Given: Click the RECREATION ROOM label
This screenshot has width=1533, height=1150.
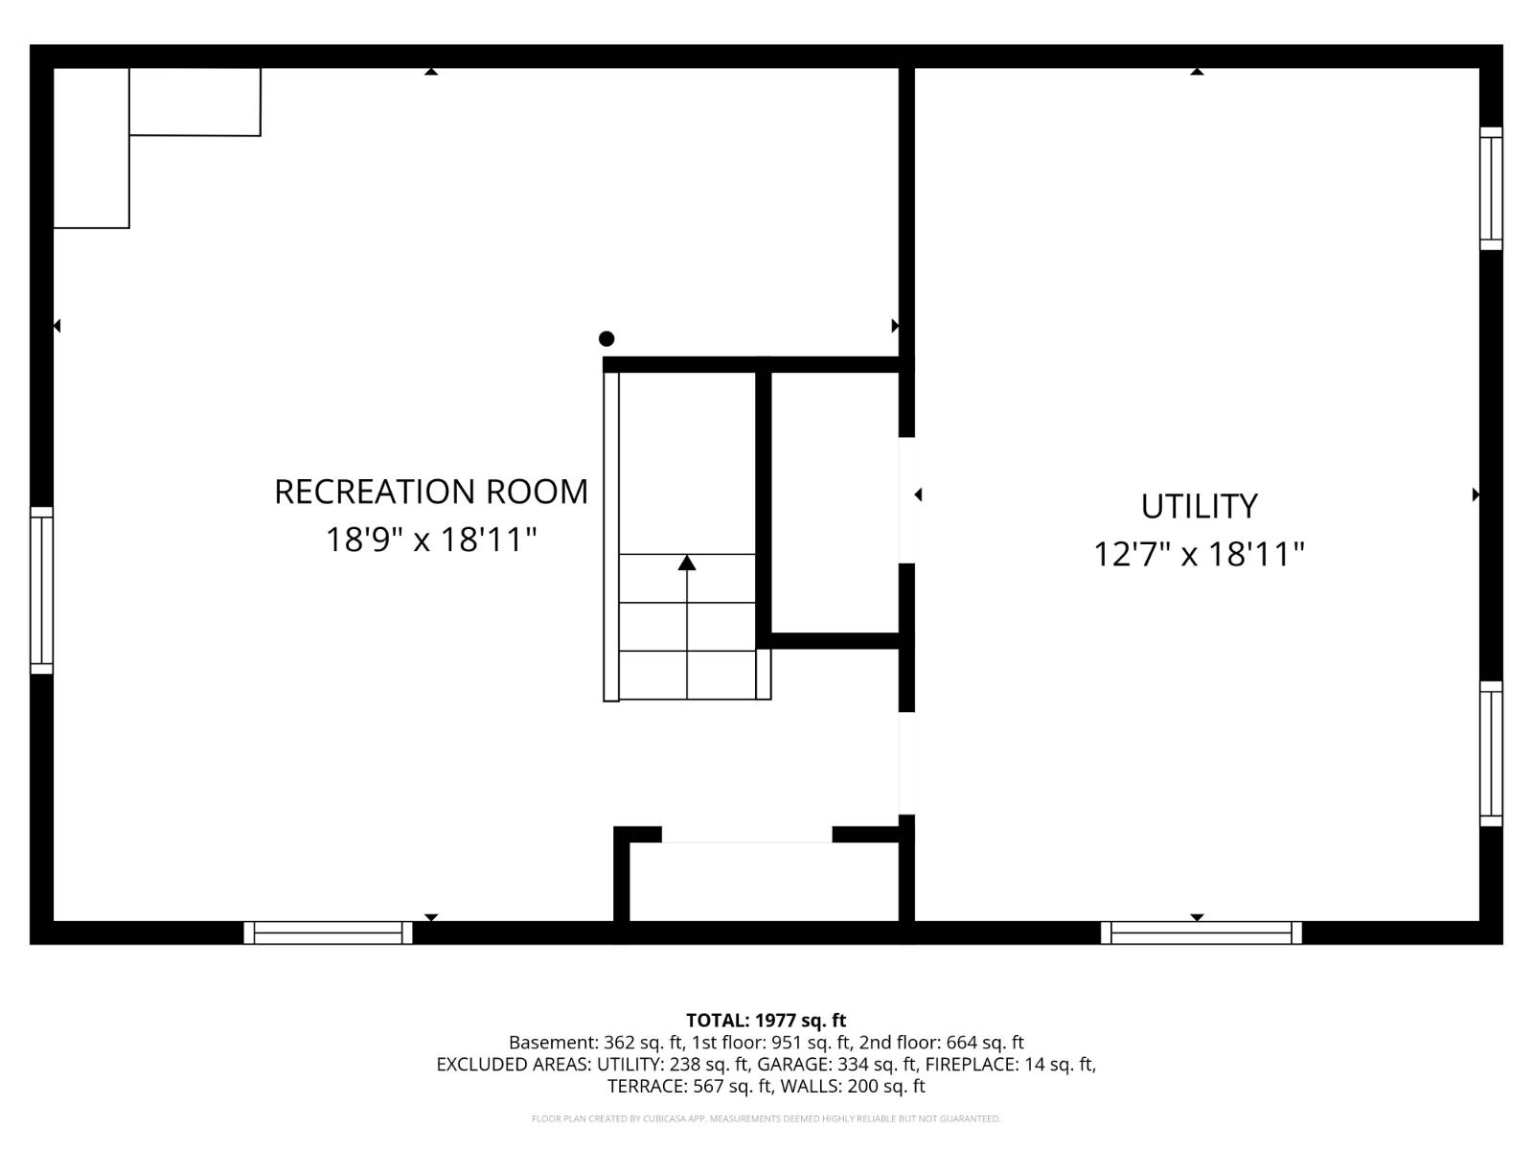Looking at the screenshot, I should [431, 492].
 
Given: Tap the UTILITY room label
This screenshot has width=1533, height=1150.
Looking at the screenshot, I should [1199, 506].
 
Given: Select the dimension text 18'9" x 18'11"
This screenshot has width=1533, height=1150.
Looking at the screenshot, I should [431, 540].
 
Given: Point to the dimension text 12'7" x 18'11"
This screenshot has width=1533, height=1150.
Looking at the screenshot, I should [1199, 554].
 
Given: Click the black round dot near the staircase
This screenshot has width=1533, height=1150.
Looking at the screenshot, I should [606, 338].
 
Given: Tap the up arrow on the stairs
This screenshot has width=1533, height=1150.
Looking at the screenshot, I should [687, 563].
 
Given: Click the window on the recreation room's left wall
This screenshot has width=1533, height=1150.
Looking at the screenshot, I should [41, 590].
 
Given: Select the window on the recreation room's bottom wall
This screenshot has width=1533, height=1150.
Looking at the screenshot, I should [328, 932].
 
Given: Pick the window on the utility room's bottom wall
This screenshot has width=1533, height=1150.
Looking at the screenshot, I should [1201, 932].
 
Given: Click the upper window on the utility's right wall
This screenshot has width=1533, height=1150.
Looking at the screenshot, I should [1491, 188].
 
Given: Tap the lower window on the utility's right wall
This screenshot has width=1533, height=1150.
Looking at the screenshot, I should [1491, 753].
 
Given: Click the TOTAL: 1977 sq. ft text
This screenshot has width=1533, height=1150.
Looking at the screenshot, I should [766, 1021].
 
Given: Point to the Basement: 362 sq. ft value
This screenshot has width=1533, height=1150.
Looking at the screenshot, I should [596, 1043].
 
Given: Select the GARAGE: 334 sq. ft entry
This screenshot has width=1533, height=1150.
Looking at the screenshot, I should [836, 1065].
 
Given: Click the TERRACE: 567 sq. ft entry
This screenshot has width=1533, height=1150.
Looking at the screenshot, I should [689, 1087].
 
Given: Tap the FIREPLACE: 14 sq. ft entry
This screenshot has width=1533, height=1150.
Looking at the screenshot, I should [1010, 1065].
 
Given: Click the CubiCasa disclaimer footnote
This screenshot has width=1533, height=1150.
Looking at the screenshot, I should [766, 1118].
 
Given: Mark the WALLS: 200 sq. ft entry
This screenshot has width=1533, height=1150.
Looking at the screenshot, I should [853, 1087].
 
